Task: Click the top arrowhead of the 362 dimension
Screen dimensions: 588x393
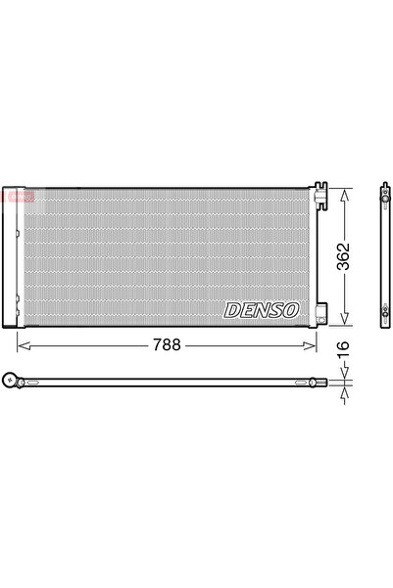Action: (343, 193)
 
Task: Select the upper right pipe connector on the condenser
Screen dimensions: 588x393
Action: (319, 191)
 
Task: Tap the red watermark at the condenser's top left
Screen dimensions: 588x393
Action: (17, 197)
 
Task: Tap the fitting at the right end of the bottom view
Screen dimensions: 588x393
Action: (313, 383)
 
